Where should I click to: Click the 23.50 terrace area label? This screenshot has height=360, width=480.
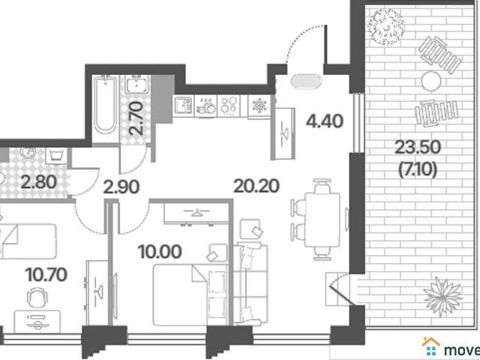click(418, 147)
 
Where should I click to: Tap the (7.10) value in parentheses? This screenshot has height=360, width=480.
click(418, 169)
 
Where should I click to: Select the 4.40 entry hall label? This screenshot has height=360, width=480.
click(325, 121)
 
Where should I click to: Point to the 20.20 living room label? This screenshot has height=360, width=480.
click(256, 186)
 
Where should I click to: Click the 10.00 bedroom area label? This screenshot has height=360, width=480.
click(160, 252)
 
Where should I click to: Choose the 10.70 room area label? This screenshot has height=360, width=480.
click(46, 274)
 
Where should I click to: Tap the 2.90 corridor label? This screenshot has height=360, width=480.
click(121, 187)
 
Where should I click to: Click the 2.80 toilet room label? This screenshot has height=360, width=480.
click(39, 181)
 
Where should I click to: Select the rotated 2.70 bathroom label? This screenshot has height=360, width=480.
click(136, 118)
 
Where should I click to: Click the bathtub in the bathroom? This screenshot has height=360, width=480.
click(105, 106)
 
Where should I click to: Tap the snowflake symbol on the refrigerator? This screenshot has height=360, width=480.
click(259, 106)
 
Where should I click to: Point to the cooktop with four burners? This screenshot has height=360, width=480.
click(229, 106)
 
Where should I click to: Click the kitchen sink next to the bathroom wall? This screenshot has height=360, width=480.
click(183, 106)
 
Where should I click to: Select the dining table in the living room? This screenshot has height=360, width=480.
click(322, 219)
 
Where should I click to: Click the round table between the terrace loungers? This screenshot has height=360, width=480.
click(431, 80)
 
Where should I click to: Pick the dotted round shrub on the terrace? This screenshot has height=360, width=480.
click(385, 27)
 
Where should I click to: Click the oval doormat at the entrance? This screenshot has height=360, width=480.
click(306, 82)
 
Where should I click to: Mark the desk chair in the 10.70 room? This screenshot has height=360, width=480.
click(37, 297)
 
